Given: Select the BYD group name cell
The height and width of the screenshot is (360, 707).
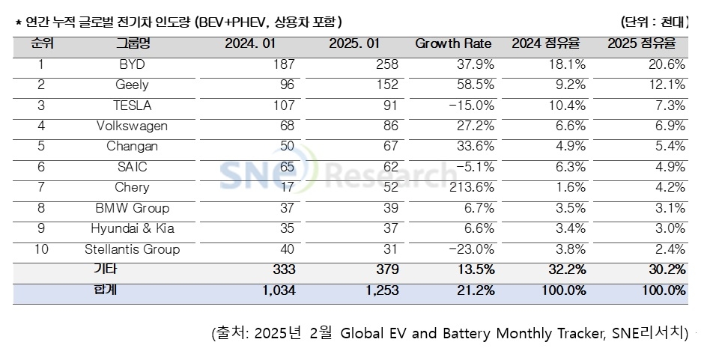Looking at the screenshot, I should (x=132, y=64).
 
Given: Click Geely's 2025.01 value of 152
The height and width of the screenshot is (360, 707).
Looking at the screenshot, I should (x=386, y=85).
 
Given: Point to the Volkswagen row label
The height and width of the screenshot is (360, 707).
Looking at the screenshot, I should (x=132, y=126).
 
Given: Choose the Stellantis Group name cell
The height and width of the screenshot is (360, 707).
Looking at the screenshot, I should (x=132, y=249).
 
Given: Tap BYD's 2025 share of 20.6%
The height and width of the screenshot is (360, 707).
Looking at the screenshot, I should (x=668, y=64).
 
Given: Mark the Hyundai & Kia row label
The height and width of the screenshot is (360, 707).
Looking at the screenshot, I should (x=132, y=228).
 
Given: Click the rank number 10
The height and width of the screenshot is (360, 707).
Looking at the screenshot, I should (x=41, y=249).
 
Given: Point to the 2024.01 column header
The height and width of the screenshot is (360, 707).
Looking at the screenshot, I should (x=250, y=43).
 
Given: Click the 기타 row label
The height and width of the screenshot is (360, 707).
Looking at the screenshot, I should (x=132, y=269).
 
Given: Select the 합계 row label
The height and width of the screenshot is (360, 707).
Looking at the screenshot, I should (x=132, y=290).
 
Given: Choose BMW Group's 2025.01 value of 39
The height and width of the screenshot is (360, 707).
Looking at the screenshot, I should (x=390, y=208).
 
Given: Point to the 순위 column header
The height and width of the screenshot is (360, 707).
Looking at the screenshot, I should (x=42, y=43).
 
